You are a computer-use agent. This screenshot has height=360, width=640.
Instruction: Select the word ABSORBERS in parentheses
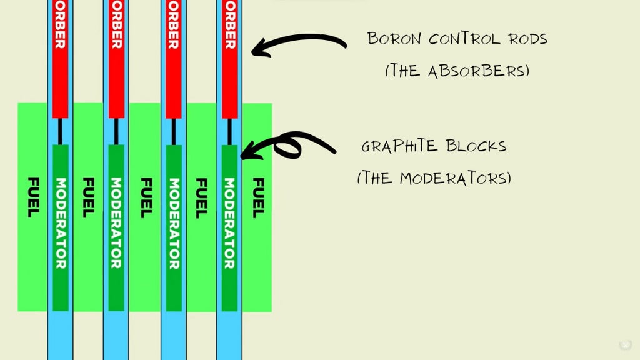pyautogui.click(x=478, y=70)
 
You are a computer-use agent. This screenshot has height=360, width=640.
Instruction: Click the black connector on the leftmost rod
pyautogui.click(x=60, y=131)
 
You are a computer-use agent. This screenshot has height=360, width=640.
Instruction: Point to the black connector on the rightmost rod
pyautogui.click(x=229, y=131)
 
